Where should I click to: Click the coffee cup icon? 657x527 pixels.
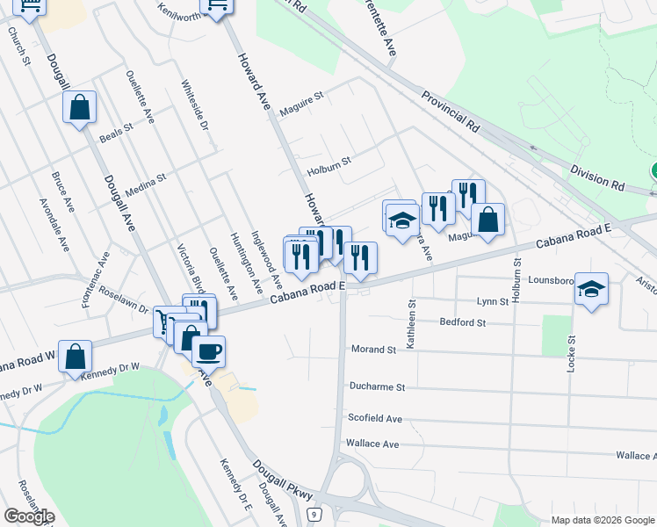pyautogui.click(x=208, y=352)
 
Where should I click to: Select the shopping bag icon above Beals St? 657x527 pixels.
pyautogui.click(x=79, y=109)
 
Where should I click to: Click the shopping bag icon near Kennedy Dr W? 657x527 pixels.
pyautogui.click(x=76, y=357)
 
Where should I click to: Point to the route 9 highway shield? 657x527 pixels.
pyautogui.click(x=312, y=514)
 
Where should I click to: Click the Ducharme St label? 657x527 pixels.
pyautogui.click(x=376, y=386)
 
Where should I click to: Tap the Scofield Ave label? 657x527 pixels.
pyautogui.click(x=375, y=419)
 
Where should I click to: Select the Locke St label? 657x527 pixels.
pyautogui.click(x=571, y=354)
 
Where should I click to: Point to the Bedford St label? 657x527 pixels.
pyautogui.click(x=463, y=322)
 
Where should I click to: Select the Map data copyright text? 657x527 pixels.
pyautogui.click(x=603, y=520)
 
